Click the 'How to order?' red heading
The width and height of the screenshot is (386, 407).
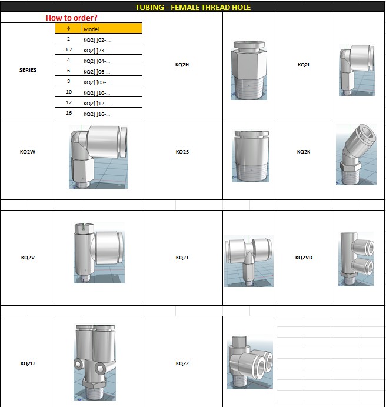coord(71,18)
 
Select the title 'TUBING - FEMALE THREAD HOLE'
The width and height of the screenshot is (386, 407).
coord(193,7)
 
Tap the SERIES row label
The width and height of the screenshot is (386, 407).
coord(28,70)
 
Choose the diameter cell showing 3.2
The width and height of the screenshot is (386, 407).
coord(69,49)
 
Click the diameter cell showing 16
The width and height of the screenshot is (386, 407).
coord(69,113)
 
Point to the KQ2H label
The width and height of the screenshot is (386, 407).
coord(182,65)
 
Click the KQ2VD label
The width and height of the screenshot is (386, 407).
coord(304,258)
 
